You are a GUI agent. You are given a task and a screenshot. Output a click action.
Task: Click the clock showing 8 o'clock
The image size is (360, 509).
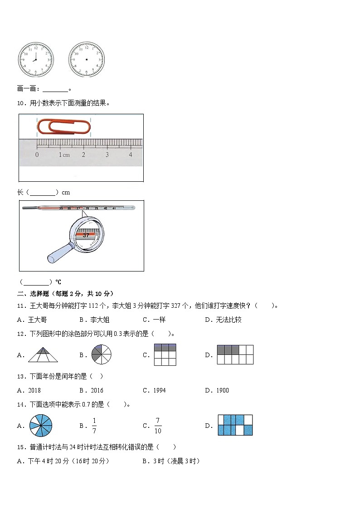35,60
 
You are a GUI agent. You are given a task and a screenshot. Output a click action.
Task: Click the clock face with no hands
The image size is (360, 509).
86,60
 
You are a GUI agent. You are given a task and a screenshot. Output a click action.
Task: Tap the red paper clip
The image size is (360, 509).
64,126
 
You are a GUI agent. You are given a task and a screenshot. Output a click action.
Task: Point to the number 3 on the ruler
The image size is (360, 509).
107,155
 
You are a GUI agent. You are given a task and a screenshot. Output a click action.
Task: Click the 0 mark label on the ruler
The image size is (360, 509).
37,155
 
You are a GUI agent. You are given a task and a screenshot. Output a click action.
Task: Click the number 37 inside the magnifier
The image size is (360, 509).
86,235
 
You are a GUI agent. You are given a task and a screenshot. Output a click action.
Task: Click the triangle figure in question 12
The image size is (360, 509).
43,354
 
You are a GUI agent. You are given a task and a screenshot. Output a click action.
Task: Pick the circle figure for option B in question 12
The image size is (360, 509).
101,354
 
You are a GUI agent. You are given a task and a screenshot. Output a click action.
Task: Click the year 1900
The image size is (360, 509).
223,390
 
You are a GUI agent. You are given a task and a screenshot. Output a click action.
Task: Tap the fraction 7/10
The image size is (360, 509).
158,425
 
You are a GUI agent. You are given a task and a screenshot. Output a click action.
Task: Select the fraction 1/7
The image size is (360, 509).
94,425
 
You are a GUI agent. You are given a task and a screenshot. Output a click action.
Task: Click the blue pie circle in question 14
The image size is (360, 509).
41,425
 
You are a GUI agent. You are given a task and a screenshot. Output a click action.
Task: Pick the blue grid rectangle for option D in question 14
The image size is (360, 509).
235,425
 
